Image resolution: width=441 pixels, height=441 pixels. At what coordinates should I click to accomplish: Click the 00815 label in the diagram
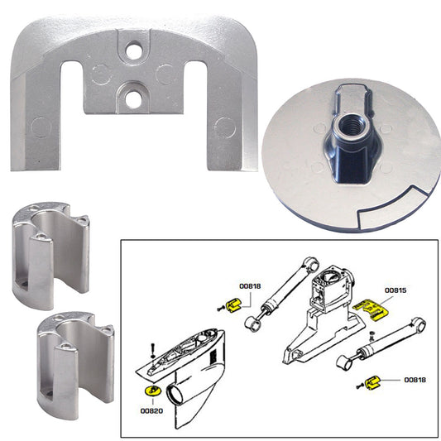pyautogui.click(x=400, y=292)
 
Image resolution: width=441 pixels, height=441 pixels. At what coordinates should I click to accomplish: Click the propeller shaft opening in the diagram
pyautogui.click(x=178, y=395)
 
